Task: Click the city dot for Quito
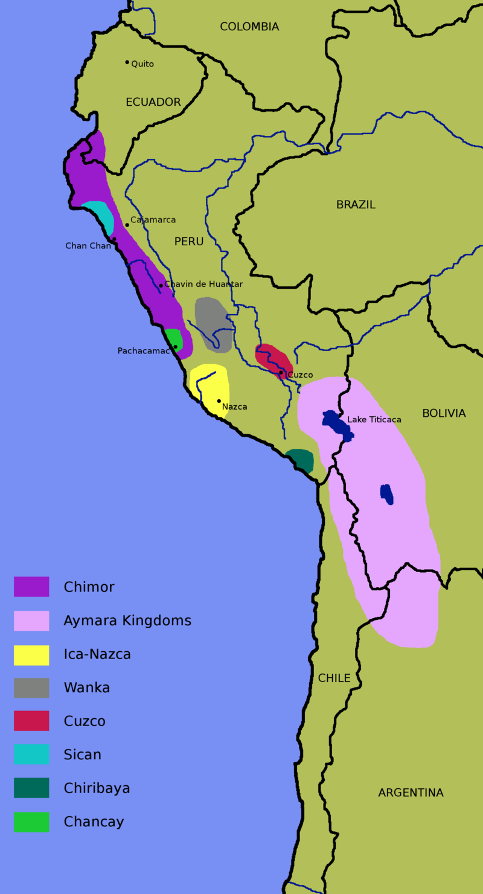click(x=127, y=62)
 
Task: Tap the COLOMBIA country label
click(x=249, y=27)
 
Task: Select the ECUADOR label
click(x=153, y=102)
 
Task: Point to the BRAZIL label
click(x=356, y=205)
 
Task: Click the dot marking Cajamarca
click(x=127, y=225)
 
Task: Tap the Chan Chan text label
click(x=88, y=246)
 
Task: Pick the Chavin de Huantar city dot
click(x=161, y=285)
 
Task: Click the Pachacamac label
click(x=143, y=351)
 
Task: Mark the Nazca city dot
click(x=219, y=401)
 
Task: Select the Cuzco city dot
click(x=281, y=373)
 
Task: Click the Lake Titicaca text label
click(x=374, y=419)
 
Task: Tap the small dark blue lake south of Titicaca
click(x=387, y=494)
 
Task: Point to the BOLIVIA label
click(x=444, y=413)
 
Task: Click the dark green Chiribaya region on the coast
click(x=301, y=460)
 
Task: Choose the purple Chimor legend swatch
click(x=31, y=587)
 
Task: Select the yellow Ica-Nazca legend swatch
click(x=31, y=655)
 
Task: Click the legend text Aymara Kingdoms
click(x=127, y=620)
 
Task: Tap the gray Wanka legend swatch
click(x=31, y=688)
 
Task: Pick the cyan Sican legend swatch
click(x=31, y=754)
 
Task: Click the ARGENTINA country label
click(x=411, y=793)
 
